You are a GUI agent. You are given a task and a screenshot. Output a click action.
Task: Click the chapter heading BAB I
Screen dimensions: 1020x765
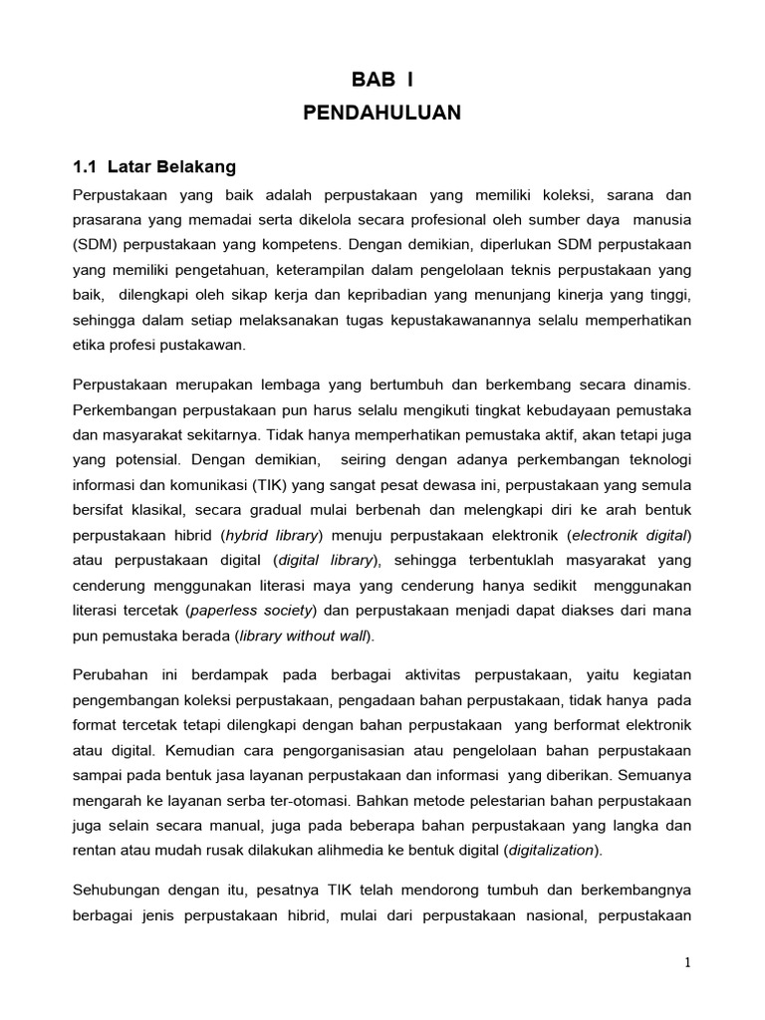(382, 81)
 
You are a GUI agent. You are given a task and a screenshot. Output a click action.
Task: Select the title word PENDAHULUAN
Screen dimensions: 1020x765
(382, 114)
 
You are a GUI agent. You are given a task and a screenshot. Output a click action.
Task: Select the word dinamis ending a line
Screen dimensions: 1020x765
(661, 384)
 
